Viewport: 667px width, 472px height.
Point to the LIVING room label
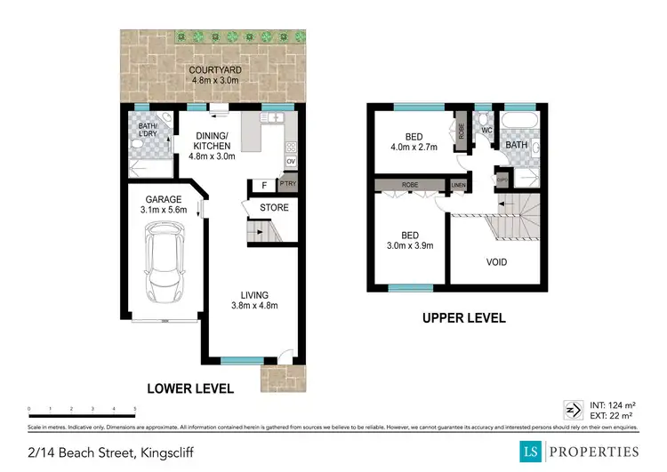(254, 300)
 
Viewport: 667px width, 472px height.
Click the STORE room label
(274, 208)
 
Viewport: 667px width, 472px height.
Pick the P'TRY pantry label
(288, 184)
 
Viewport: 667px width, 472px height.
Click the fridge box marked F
(264, 184)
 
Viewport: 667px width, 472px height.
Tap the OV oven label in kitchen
(290, 161)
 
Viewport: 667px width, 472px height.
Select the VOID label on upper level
(496, 262)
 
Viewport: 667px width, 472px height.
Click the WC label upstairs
(486, 131)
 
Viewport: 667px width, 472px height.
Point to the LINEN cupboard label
(458, 185)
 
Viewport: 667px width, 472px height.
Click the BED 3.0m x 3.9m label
(410, 241)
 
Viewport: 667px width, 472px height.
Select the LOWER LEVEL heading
(191, 388)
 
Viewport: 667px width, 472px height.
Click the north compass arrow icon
(569, 410)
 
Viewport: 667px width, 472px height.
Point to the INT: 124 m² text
(612, 405)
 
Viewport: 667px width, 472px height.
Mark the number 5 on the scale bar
(134, 409)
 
